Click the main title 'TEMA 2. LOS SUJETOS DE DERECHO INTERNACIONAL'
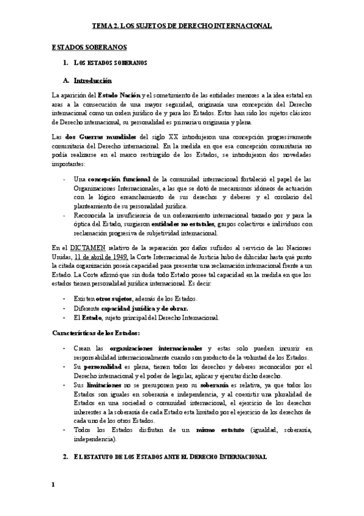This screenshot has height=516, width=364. tap(182, 26)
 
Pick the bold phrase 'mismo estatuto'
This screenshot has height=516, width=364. tap(217, 430)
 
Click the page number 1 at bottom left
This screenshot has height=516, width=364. tap(53, 484)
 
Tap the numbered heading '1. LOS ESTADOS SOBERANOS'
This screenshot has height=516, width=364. tap(106, 63)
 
